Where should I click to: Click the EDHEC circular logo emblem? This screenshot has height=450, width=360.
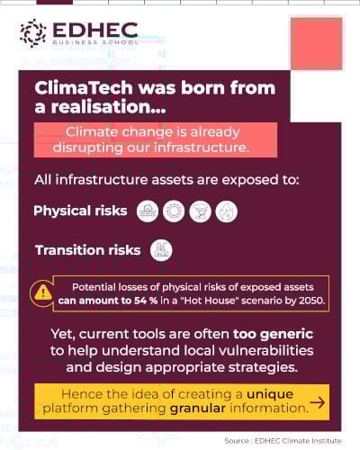33,33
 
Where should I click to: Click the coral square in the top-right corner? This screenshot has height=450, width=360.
316,43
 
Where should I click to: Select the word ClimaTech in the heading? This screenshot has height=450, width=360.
77,90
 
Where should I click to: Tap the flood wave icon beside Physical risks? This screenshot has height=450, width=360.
148,211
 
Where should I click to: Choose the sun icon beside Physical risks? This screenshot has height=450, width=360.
174,211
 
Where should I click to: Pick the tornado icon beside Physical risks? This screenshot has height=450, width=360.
201,211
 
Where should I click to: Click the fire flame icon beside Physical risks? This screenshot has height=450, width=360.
227,211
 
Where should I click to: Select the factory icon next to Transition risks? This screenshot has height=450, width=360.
162,250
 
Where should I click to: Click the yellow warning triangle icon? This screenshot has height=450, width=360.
42,292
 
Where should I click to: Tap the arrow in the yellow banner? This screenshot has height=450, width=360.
317,402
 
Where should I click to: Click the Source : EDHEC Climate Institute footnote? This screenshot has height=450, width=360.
283,440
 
